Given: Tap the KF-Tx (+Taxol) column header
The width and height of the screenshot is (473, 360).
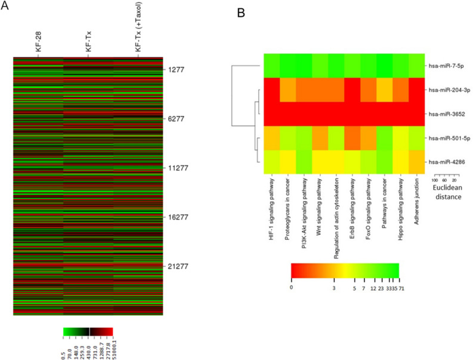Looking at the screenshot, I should coord(139,29).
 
